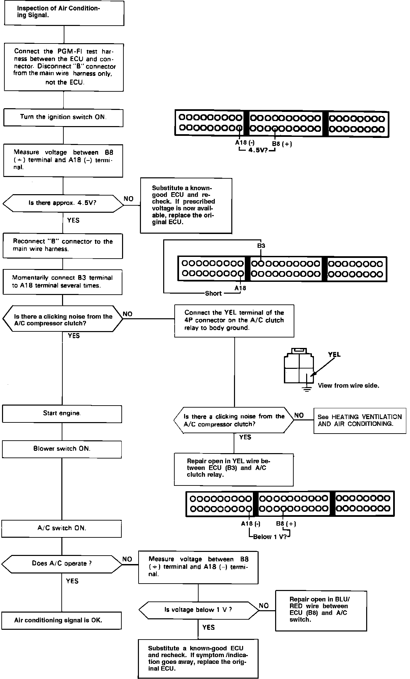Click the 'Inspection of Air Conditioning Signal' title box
click(64, 13)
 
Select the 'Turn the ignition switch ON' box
click(63, 117)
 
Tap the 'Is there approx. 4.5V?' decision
click(63, 203)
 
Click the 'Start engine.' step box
click(62, 413)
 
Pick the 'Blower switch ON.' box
click(62, 449)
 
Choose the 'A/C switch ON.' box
click(62, 528)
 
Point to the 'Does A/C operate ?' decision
click(62, 563)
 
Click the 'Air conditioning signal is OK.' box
click(61, 620)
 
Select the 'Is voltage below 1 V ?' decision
click(198, 610)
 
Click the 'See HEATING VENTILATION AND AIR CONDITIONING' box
click(359, 420)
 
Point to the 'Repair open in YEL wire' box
click(234, 469)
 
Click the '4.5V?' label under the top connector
click(258, 150)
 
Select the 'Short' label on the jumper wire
click(213, 293)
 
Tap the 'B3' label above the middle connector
click(261, 246)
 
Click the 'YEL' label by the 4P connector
click(334, 354)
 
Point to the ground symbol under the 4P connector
click(306, 389)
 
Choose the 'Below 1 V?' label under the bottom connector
click(270, 537)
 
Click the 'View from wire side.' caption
click(348, 385)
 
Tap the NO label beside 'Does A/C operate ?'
click(127, 559)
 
